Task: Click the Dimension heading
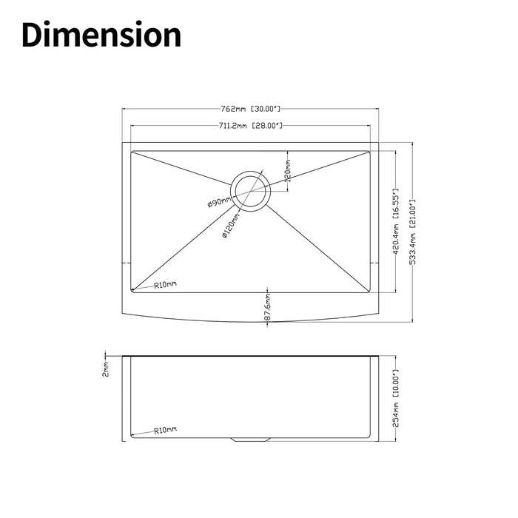(x=101, y=36)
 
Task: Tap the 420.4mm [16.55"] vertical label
(x=397, y=222)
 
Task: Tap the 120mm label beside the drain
(x=288, y=171)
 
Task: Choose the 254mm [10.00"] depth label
(x=397, y=397)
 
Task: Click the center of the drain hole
(x=250, y=192)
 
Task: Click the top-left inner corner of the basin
(x=132, y=152)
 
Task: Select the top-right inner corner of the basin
(x=369, y=152)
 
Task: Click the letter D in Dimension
(x=34, y=36)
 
